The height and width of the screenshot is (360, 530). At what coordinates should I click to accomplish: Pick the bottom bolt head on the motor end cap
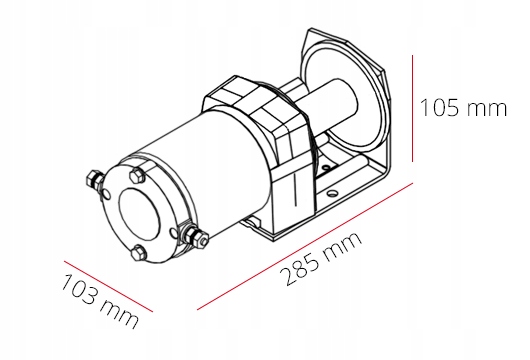coord(137,252)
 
